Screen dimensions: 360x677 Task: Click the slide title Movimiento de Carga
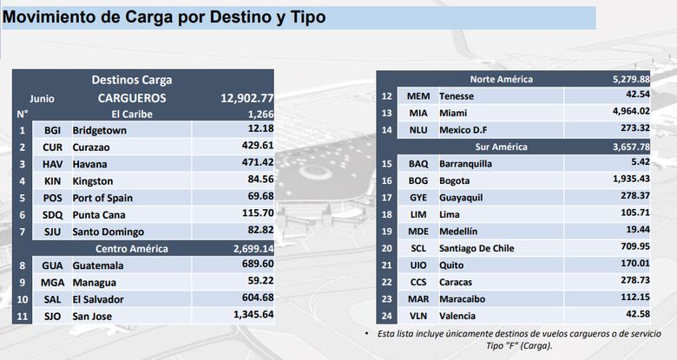(165, 16)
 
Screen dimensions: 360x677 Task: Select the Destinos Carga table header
(132, 80)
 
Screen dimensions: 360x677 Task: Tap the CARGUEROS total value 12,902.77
(246, 98)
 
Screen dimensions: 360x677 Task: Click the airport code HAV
(52, 164)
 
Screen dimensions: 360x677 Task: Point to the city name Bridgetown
(100, 130)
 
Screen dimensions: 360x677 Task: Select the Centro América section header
(130, 248)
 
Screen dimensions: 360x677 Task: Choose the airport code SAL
(52, 298)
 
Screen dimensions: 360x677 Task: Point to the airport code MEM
(418, 95)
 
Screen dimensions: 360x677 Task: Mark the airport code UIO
(418, 265)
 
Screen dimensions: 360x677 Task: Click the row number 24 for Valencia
(387, 315)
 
